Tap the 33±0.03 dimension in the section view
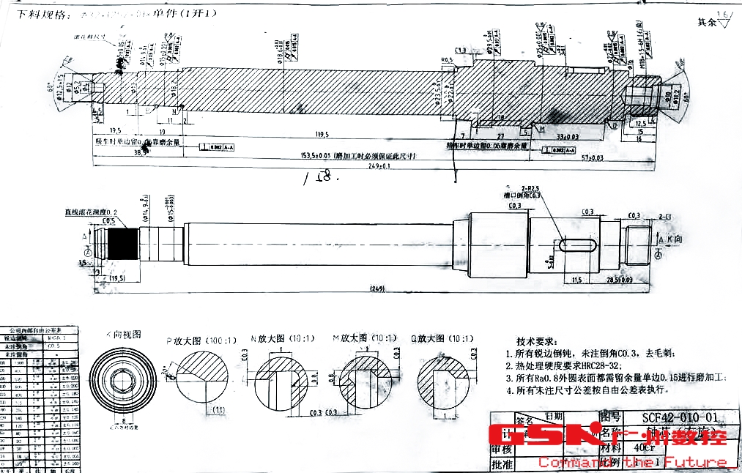[568, 136]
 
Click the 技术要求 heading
[537, 342]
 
